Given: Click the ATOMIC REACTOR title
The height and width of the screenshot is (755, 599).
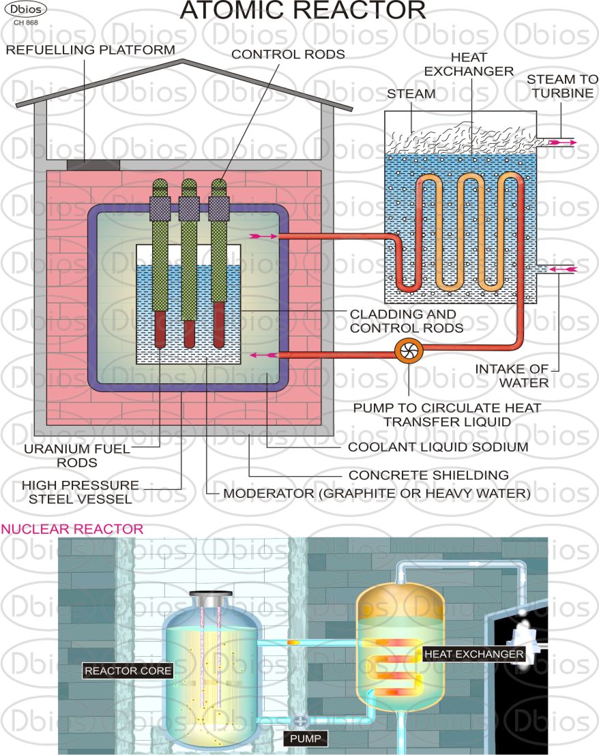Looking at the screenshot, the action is [303, 10].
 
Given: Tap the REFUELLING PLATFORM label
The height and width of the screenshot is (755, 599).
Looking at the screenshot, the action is [91, 50].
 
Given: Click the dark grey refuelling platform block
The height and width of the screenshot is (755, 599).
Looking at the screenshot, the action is [93, 164].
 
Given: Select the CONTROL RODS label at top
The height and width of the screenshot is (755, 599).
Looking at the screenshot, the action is [288, 55].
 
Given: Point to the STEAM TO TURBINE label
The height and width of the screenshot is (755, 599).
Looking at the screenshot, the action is [562, 86].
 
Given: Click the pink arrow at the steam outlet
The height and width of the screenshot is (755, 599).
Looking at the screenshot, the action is [562, 143].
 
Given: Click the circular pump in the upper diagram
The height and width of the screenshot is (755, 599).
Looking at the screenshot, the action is [409, 351].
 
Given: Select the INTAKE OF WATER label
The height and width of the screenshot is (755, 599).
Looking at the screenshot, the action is [512, 376].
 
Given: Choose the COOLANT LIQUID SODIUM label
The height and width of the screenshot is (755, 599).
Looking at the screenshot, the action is [438, 447].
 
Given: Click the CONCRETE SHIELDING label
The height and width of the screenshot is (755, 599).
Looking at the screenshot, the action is [428, 475].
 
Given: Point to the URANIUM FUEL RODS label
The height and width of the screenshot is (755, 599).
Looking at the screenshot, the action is [77, 456].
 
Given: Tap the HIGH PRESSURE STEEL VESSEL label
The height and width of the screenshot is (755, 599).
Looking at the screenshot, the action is [81, 492].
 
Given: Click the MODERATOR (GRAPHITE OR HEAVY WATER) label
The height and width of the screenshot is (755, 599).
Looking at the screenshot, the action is [377, 494].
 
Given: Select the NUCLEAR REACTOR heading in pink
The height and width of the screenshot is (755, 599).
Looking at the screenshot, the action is [72, 529].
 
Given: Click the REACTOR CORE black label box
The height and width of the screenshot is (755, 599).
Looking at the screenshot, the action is [128, 670].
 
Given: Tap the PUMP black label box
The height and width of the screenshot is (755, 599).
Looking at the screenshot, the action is [305, 739].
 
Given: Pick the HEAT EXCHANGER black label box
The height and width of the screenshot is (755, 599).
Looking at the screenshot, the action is [473, 654].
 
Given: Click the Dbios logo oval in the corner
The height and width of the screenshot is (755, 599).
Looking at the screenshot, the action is [26, 9].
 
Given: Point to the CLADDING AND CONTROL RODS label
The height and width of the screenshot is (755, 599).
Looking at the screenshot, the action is [407, 321].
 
